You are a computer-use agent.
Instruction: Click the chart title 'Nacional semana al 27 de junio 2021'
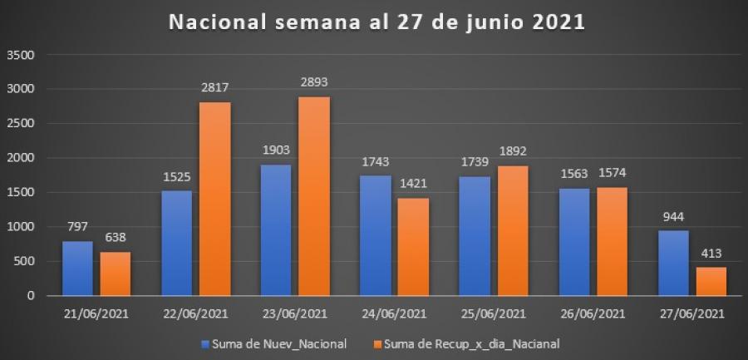377,22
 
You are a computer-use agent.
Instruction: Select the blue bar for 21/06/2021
77,268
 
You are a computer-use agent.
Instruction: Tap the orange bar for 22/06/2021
215,199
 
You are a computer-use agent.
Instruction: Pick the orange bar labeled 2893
315,196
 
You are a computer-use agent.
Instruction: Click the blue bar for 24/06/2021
376,235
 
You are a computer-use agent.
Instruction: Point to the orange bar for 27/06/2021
711,281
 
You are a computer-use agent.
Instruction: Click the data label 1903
277,151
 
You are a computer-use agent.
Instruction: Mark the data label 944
674,217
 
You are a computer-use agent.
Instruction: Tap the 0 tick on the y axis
31,296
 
